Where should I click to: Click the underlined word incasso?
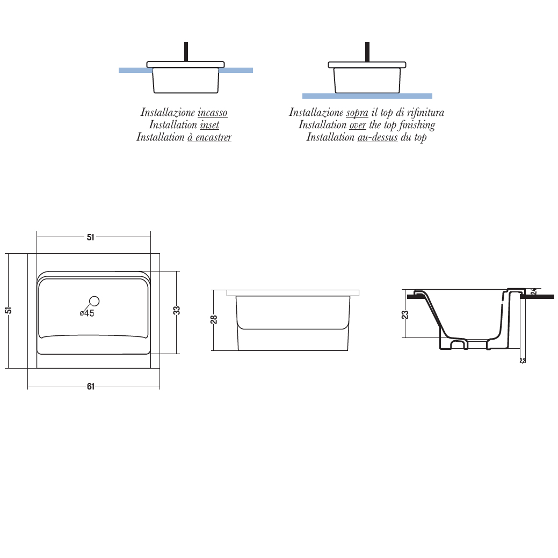pos(212,113)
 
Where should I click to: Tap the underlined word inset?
pos(209,125)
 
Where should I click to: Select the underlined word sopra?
pos(357,113)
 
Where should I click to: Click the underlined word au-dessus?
pos(378,137)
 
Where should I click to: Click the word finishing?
pos(417,125)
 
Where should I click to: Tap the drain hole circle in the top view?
pos(94,302)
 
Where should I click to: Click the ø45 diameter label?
pos(87,313)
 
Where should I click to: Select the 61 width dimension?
pos(91,386)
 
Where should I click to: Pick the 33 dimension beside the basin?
pos(177,310)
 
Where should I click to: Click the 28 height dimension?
pos(214,320)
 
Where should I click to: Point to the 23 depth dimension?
pos(405,314)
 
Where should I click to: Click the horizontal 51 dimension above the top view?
pos(91,237)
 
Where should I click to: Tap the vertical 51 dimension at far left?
pos(9,310)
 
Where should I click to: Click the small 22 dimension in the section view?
pos(523,361)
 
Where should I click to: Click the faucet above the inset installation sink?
pos(186,52)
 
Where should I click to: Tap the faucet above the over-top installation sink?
pos(367,52)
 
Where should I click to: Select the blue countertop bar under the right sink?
pos(367,96)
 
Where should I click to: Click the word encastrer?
pos(213,137)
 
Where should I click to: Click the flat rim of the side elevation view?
pos(293,293)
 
